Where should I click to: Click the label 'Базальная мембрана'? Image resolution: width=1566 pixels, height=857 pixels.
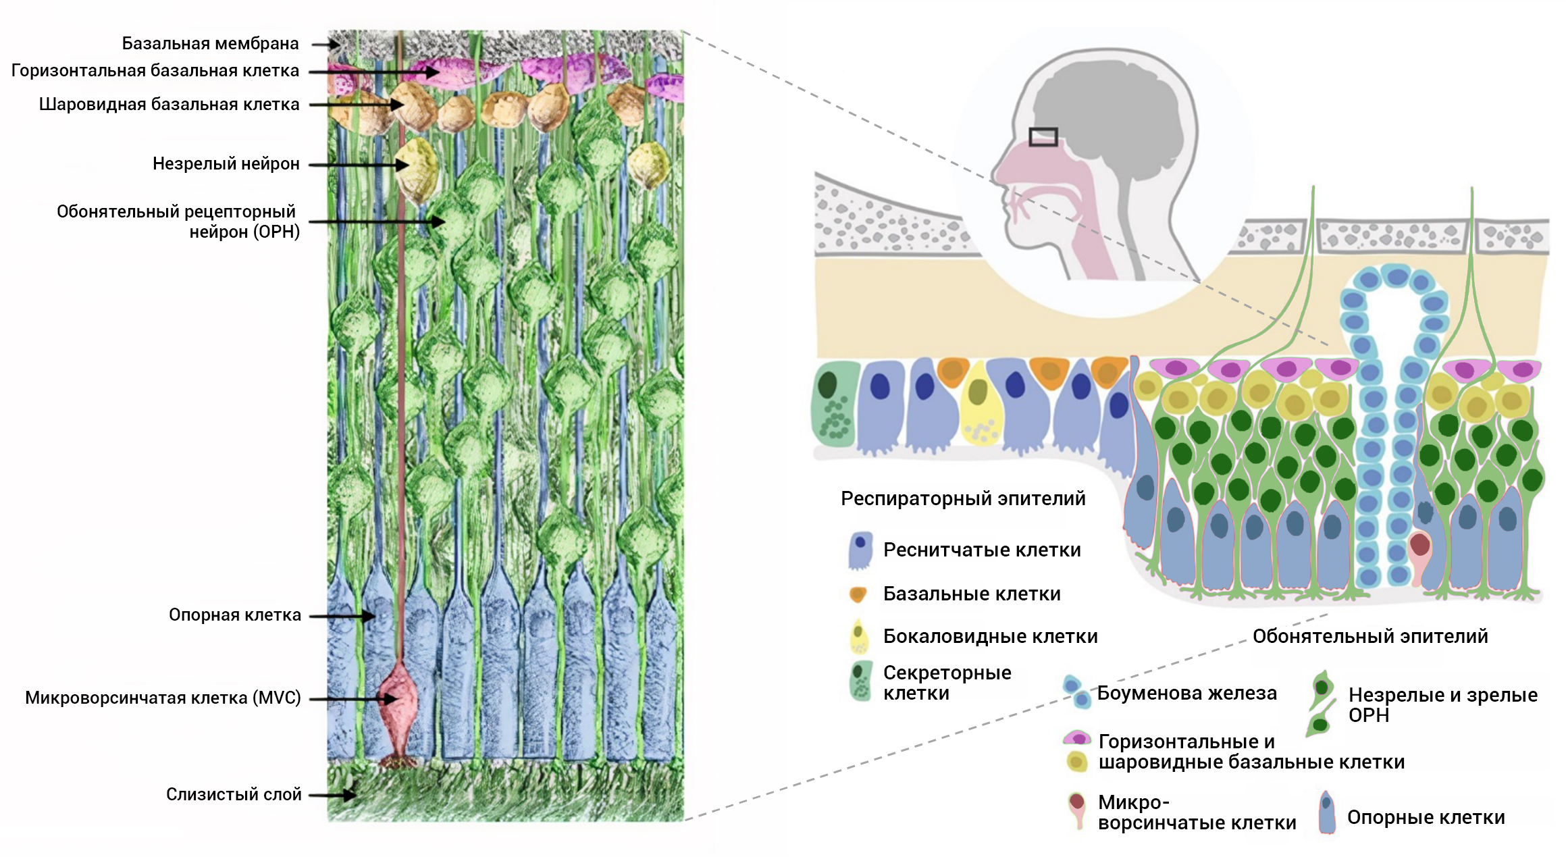coord(210,44)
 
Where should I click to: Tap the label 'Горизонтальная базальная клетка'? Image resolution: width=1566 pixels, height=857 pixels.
coord(155,71)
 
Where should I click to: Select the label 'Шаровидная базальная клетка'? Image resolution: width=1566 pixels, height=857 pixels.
coord(169,105)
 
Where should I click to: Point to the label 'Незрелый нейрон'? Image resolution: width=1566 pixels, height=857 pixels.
coord(226,164)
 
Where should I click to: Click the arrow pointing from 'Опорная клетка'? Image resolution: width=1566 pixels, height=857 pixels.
coord(342,616)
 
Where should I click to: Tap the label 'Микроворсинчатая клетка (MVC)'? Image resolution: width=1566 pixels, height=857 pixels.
coord(163,698)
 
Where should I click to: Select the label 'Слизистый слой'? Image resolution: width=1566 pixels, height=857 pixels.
coord(234,795)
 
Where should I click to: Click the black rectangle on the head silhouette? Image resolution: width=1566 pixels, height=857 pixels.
coord(1043,137)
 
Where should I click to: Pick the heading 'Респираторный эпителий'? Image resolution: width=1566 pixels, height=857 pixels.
coord(963,499)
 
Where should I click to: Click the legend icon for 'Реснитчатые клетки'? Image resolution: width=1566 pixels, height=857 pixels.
coord(859,550)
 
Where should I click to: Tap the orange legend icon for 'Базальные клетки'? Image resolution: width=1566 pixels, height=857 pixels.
coord(858,594)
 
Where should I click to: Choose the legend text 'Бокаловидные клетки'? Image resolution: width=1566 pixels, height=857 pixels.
coord(990,637)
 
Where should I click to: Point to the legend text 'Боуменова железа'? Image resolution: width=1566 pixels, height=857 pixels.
coord(1186,694)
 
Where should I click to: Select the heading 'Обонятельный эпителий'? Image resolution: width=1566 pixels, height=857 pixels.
coord(1369,637)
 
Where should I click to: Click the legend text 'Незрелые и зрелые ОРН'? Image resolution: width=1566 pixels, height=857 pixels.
coord(1442,705)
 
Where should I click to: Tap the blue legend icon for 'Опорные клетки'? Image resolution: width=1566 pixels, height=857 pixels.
coord(1327,813)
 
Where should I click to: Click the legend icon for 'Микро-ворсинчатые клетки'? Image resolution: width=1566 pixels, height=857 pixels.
coord(1077,809)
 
